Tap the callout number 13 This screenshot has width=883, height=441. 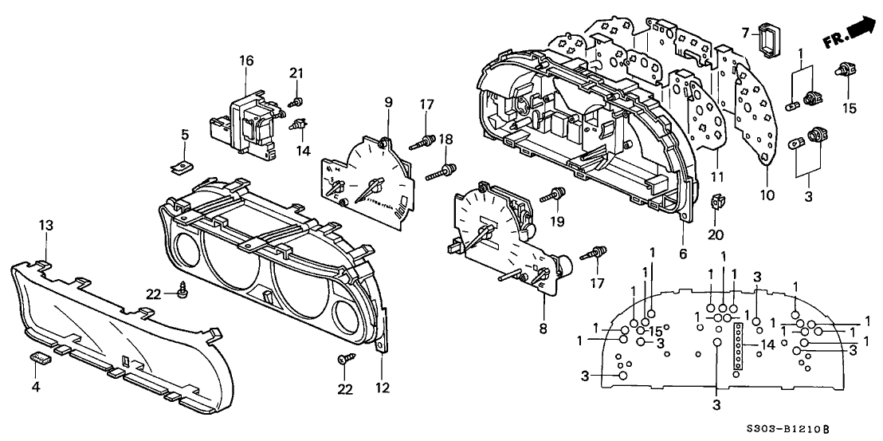(x=45, y=226)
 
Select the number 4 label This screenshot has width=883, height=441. (x=34, y=388)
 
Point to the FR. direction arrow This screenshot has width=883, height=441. (x=846, y=31)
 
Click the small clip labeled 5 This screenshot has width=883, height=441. (x=183, y=167)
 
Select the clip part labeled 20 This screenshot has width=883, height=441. (x=716, y=206)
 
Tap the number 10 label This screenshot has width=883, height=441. (x=766, y=195)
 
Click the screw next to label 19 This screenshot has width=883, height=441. (x=555, y=194)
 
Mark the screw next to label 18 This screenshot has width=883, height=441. (x=446, y=170)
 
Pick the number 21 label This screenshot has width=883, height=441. (x=296, y=73)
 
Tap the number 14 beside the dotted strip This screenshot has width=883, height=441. (x=767, y=344)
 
